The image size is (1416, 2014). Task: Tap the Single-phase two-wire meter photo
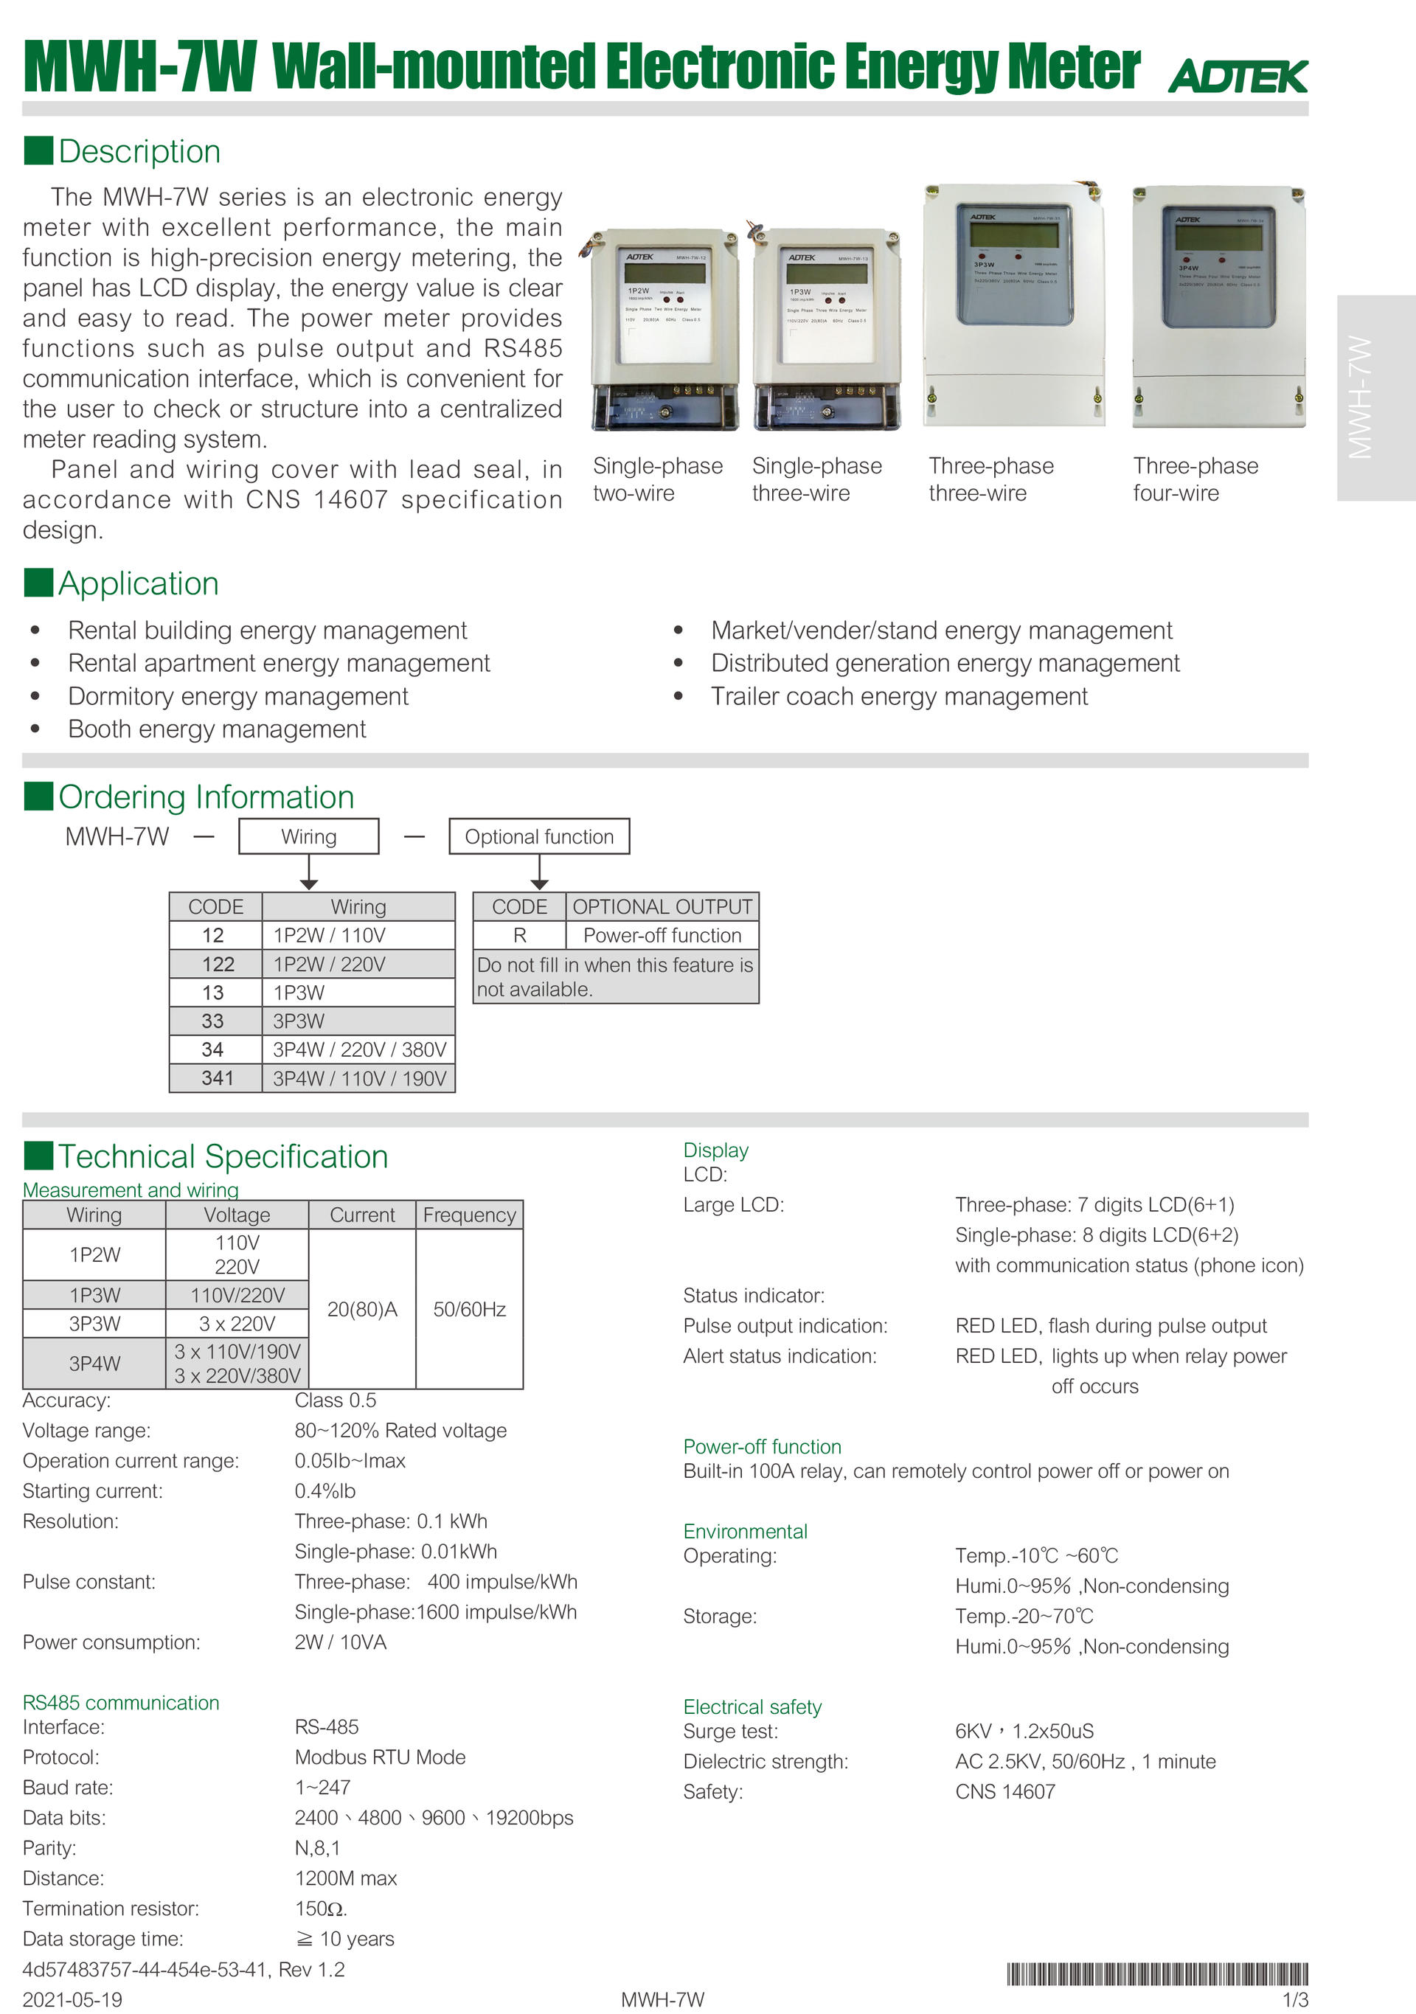pos(664,330)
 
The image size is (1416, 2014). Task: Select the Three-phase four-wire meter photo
pos(1218,306)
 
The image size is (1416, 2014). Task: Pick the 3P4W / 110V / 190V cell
pos(359,1078)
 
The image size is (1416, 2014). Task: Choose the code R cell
pos(519,935)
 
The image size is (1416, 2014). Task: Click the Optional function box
pos(538,837)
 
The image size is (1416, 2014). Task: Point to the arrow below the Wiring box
pos(309,874)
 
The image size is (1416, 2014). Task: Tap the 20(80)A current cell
pos(361,1309)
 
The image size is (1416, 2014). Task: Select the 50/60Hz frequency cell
pos(469,1309)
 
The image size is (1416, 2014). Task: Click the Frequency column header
pos(469,1215)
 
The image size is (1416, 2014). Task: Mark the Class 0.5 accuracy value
pos(335,1400)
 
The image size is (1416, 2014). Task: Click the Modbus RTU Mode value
pos(380,1757)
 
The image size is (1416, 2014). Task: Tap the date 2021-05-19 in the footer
pos(72,1999)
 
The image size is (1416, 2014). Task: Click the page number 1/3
pos(1295,1999)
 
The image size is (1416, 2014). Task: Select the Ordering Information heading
pos(206,796)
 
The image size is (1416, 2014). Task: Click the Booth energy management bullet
pos(217,729)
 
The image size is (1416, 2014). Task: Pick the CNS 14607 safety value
pos(1004,1791)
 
